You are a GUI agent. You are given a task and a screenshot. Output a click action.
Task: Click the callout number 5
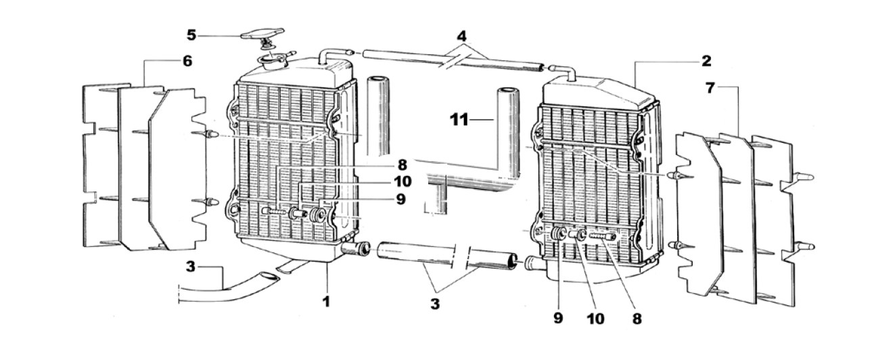(191, 35)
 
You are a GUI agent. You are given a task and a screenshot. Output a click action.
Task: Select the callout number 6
(187, 61)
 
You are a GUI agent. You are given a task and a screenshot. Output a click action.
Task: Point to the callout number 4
(461, 37)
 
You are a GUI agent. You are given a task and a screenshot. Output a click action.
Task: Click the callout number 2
(706, 61)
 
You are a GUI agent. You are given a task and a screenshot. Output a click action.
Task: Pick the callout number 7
(710, 88)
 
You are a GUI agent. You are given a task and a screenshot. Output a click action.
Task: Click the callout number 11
(459, 120)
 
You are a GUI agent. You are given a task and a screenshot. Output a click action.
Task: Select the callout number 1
(326, 301)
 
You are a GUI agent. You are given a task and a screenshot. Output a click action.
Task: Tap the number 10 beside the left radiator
(402, 181)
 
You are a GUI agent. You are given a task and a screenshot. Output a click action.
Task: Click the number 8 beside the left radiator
(402, 164)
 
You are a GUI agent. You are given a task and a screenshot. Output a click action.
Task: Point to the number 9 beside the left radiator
(400, 200)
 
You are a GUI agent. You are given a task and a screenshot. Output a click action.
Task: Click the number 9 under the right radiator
(558, 318)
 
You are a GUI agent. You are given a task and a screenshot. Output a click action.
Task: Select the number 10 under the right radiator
(595, 319)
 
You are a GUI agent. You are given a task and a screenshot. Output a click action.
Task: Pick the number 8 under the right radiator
(637, 319)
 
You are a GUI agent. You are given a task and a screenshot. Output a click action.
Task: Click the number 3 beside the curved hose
(190, 267)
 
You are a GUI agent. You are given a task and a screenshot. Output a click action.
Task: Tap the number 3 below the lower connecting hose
(435, 304)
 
